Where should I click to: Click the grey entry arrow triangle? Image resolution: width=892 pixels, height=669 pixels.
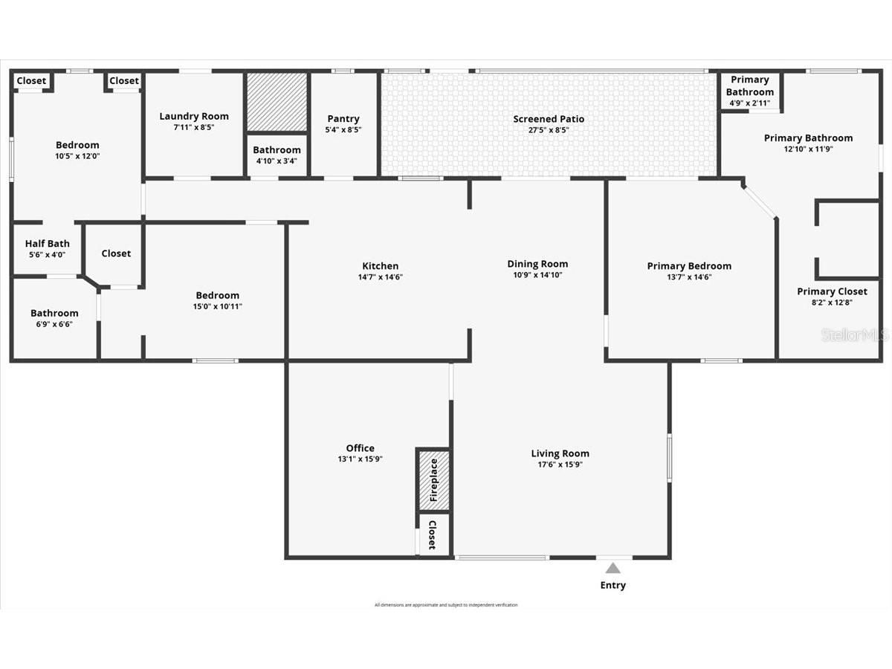613,569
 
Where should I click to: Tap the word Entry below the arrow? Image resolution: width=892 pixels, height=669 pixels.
613,585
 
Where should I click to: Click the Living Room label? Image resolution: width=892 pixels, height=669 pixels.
560,453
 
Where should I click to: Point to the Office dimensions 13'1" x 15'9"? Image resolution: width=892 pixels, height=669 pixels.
360,459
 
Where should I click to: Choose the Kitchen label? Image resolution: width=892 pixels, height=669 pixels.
380,266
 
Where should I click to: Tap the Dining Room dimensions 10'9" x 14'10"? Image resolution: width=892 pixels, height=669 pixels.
537,275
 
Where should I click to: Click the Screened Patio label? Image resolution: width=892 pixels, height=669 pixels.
549,119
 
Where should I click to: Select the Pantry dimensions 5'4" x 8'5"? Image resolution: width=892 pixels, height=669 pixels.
343,129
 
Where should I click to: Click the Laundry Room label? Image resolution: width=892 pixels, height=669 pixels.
194,116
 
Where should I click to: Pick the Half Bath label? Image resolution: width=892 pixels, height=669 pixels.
48,244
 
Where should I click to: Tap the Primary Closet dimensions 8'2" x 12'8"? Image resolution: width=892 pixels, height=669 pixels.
832,302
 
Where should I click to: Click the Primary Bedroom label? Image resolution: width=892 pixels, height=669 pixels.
689,266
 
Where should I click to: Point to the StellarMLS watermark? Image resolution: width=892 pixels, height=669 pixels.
854,335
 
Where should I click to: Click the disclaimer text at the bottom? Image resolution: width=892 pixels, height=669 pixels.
446,605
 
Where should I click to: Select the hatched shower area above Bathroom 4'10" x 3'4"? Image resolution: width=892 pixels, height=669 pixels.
277,101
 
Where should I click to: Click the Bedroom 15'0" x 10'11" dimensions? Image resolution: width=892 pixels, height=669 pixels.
217,306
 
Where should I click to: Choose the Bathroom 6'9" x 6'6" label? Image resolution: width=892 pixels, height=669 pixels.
54,313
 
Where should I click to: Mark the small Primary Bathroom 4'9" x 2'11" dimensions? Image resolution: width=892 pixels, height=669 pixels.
749,103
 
